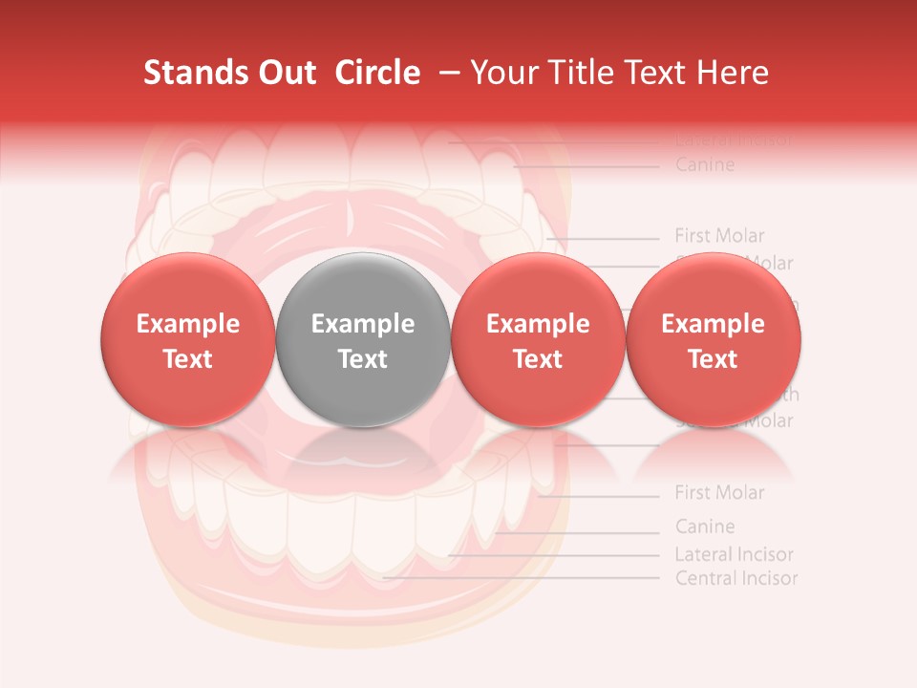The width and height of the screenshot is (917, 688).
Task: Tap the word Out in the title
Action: coord(289,73)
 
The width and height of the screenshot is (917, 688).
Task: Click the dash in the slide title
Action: coord(445,73)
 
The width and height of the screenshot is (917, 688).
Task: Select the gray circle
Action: coord(363,340)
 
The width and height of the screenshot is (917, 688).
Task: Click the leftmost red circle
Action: coord(188,340)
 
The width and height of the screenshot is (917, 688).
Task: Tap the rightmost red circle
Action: coord(714,340)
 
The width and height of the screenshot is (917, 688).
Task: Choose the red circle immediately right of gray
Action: coord(538,340)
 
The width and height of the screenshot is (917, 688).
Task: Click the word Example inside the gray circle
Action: coord(363,324)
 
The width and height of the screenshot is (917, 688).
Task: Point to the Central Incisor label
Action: coord(736,578)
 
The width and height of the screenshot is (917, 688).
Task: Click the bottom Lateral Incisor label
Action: coord(734,554)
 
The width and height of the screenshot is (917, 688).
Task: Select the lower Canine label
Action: coord(705,527)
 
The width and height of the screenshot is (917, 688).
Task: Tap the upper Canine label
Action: coord(705,165)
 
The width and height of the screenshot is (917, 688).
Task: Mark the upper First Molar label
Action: coord(719,235)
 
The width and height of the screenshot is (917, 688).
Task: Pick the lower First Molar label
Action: coord(719,493)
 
